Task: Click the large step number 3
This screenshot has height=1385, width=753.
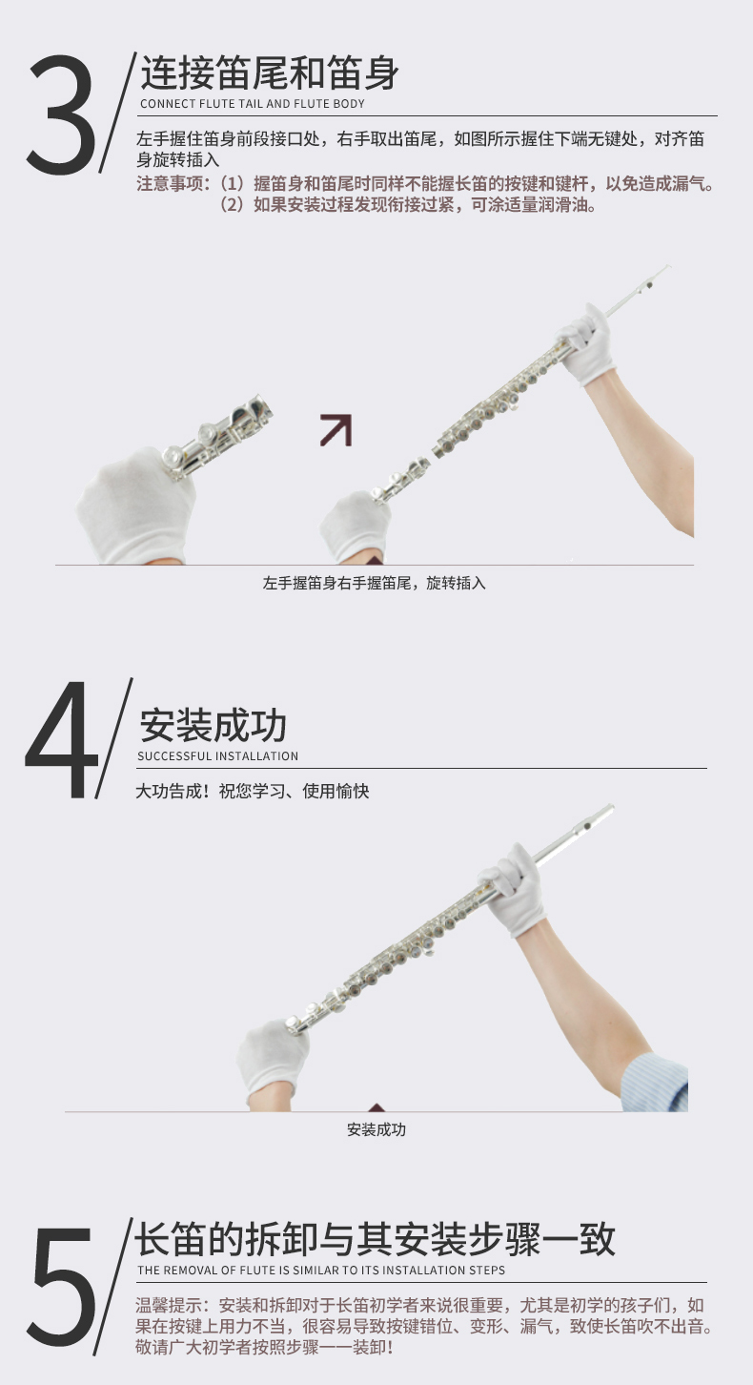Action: (61, 114)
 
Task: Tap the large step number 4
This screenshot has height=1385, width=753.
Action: (61, 739)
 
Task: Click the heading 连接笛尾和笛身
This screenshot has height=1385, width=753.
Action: (270, 72)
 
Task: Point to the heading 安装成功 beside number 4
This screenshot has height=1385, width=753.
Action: (214, 725)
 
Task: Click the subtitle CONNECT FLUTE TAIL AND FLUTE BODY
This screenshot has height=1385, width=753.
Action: (252, 104)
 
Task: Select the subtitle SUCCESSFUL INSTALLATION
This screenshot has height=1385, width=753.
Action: (217, 755)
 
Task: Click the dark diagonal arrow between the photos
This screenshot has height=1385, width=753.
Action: (336, 429)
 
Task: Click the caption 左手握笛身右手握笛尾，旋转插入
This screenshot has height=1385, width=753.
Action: (375, 583)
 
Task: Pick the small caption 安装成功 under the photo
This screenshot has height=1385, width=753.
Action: (376, 1129)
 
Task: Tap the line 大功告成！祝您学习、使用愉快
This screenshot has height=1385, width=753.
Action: (252, 791)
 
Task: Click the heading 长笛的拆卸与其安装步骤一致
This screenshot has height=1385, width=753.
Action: (375, 1239)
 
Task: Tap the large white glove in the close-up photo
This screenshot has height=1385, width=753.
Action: (136, 507)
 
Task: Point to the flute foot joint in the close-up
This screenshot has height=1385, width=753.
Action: (220, 437)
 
